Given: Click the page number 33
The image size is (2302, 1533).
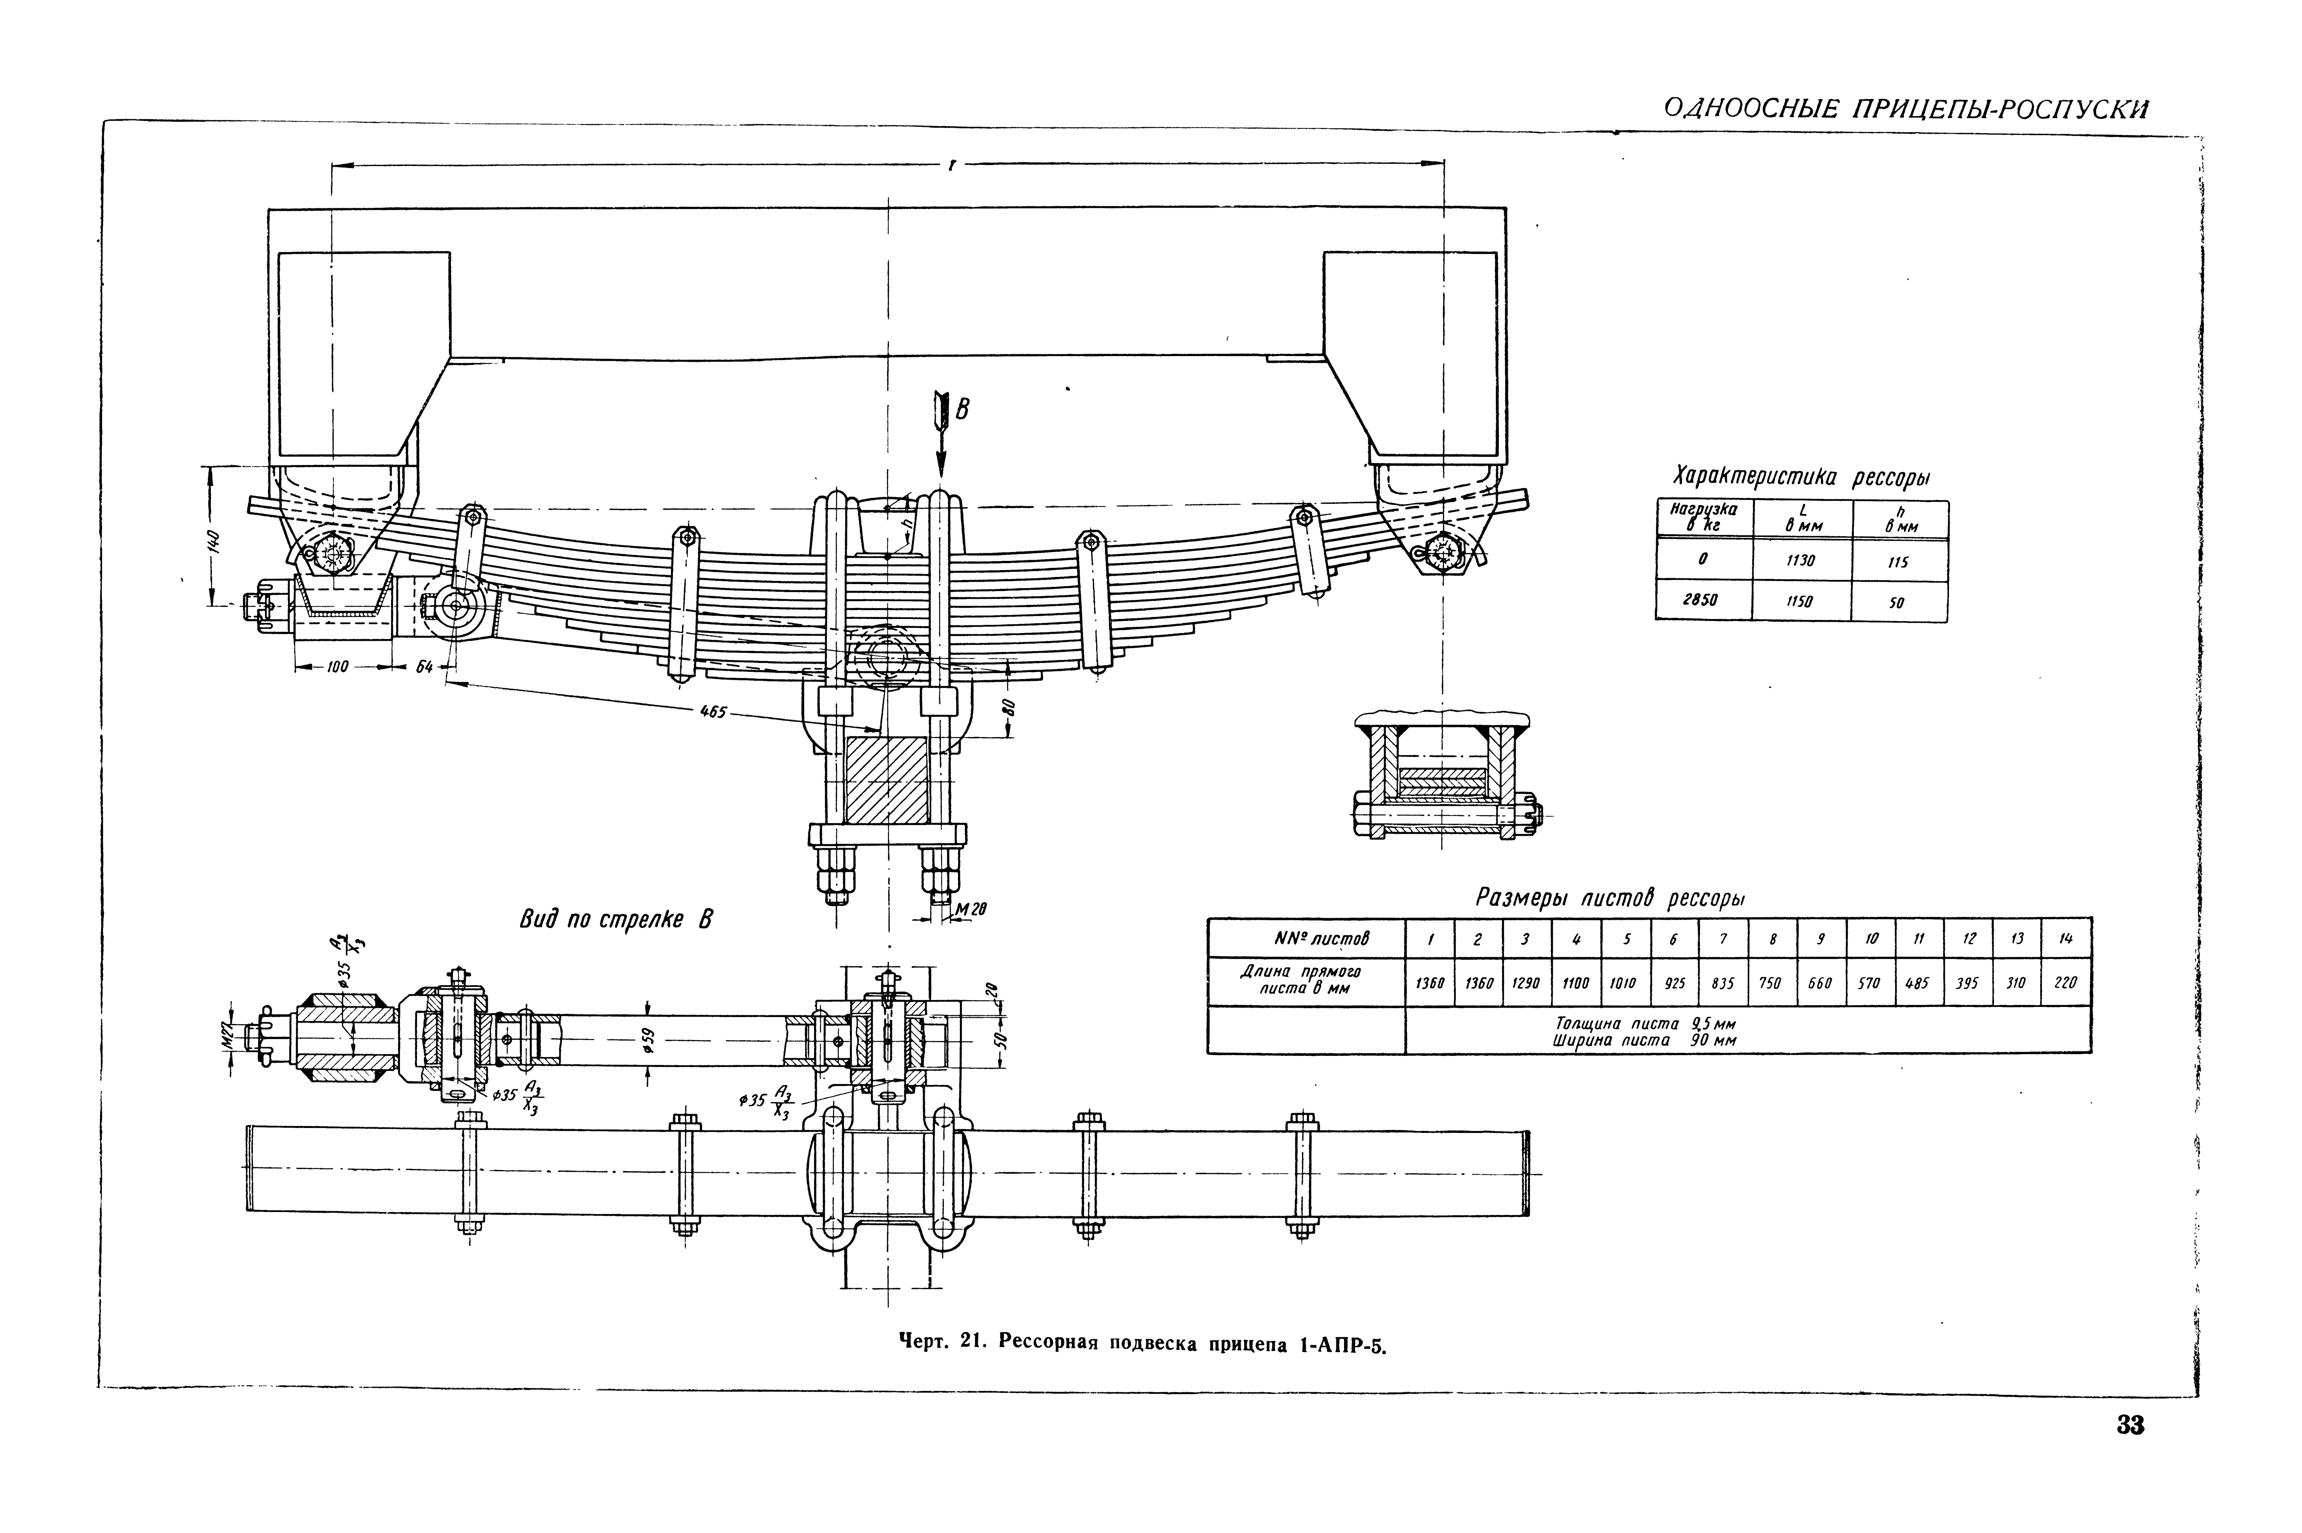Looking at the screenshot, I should pos(2130,1425).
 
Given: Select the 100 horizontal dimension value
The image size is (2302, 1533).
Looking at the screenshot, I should pos(337,667).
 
